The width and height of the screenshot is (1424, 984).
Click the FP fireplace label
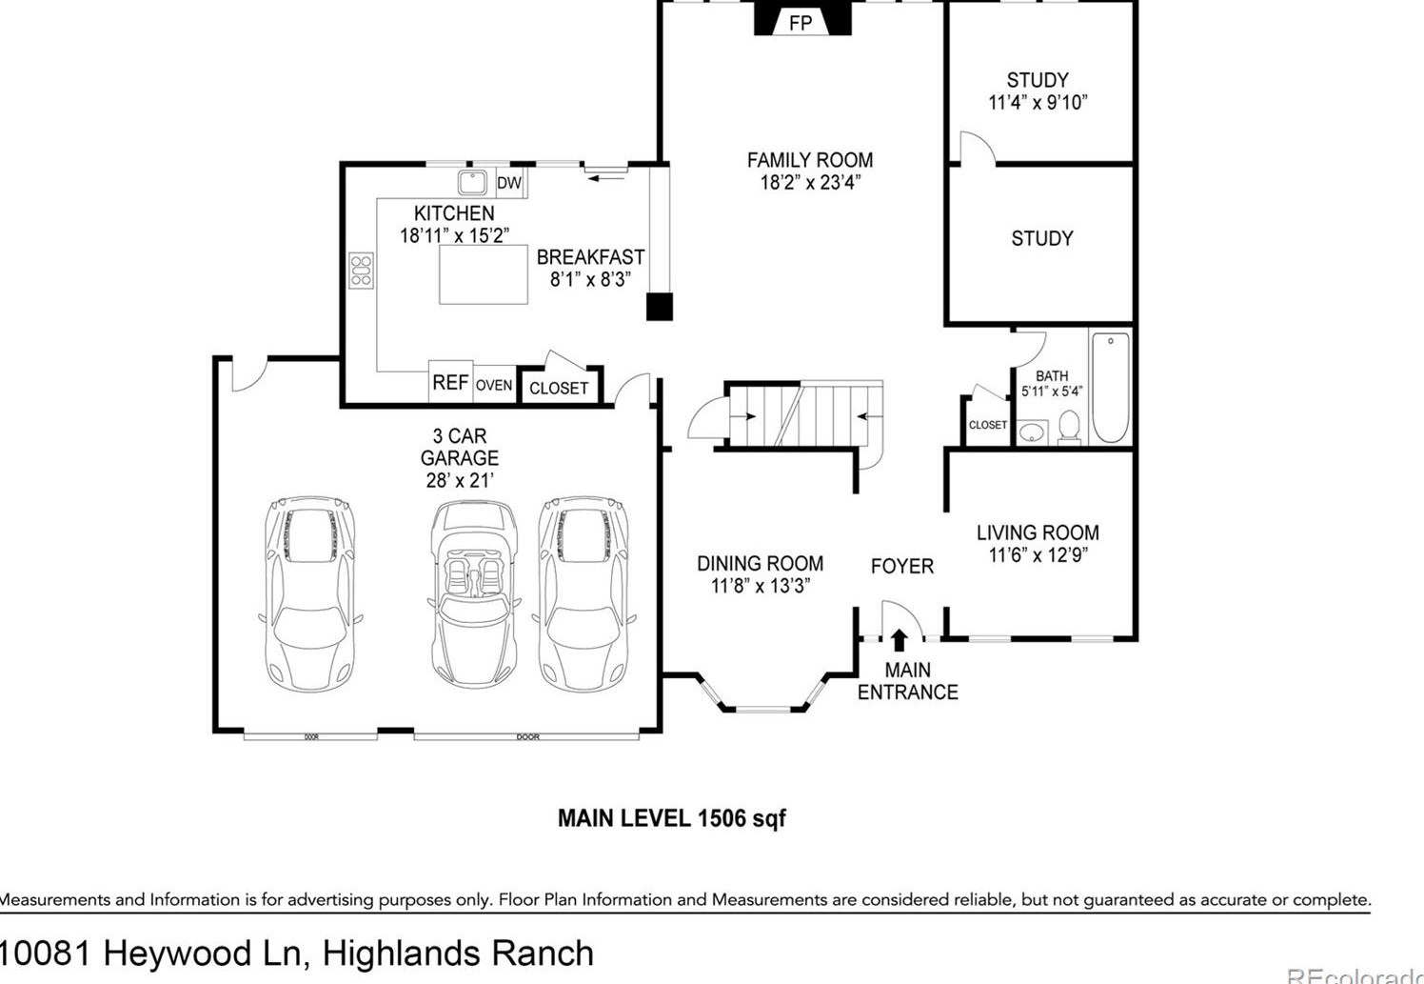pyautogui.click(x=801, y=24)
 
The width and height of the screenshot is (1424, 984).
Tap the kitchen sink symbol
pyautogui.click(x=472, y=182)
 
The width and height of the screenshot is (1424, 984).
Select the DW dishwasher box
pyautogui.click(x=510, y=183)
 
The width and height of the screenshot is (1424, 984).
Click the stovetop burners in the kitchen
pyautogui.click(x=361, y=271)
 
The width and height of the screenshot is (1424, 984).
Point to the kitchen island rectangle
pyautogui.click(x=484, y=274)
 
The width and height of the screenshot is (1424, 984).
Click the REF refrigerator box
pyautogui.click(x=451, y=382)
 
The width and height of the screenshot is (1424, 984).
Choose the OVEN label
pyautogui.click(x=494, y=385)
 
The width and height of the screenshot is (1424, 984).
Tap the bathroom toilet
pyautogui.click(x=1069, y=428)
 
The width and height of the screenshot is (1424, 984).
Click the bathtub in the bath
pyautogui.click(x=1111, y=387)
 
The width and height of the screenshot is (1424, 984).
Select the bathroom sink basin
pyautogui.click(x=1032, y=433)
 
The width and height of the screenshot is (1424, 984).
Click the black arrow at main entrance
pyautogui.click(x=899, y=640)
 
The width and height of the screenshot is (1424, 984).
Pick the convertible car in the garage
pyautogui.click(x=474, y=594)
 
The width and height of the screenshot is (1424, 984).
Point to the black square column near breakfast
pyautogui.click(x=660, y=307)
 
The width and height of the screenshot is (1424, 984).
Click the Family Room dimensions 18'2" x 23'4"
pyautogui.click(x=811, y=183)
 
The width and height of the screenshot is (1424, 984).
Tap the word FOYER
pyautogui.click(x=902, y=566)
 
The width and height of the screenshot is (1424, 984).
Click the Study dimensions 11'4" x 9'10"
pyautogui.click(x=1038, y=103)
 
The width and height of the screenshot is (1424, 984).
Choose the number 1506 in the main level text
pyautogui.click(x=722, y=818)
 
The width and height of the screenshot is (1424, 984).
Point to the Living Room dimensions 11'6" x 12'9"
pyautogui.click(x=1038, y=555)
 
